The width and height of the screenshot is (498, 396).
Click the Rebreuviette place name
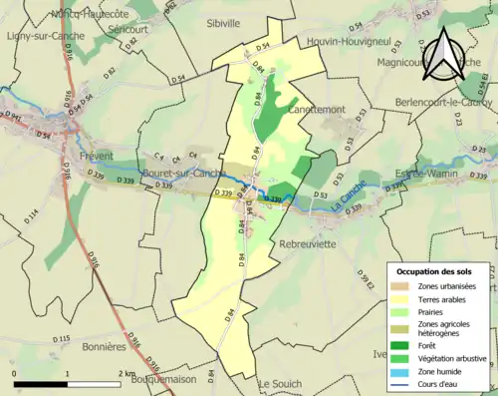coord(313,242)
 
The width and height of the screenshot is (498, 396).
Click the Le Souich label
coord(280,383)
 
